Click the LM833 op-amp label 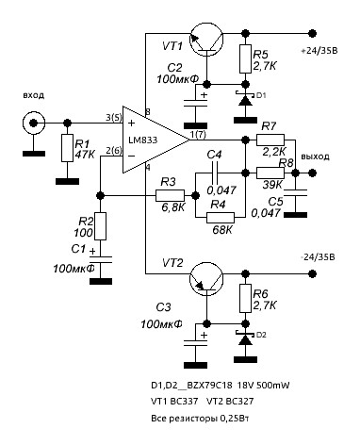pos(142,140)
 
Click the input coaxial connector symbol pos(34,123)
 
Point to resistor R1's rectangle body pos(67,148)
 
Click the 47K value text pos(85,155)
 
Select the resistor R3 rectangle pos(170,195)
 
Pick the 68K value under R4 pos(222,229)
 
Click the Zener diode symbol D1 pos(244,99)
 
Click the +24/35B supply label pos(319,51)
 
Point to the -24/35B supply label pos(318,257)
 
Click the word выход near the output pos(315,157)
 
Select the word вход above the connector pos(34,95)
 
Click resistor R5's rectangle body pos(245,58)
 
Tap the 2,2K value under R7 pos(274,152)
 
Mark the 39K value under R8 pos(272,185)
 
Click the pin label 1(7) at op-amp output pos(198,135)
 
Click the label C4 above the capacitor pos(214,155)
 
